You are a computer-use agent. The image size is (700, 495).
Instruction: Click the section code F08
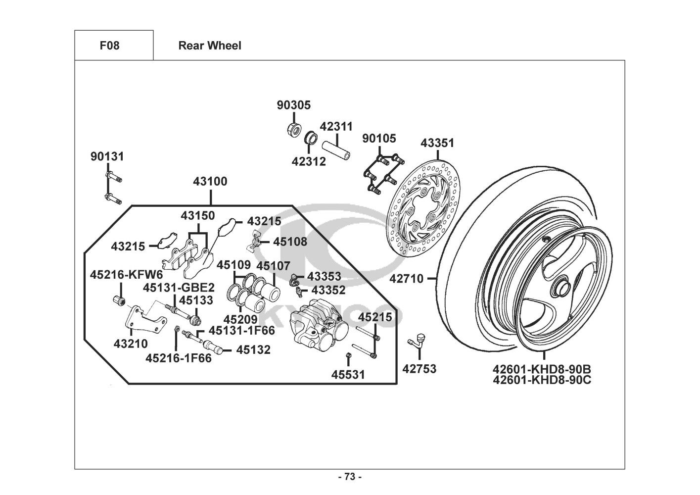(109, 46)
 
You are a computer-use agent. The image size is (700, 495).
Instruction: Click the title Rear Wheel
(210, 46)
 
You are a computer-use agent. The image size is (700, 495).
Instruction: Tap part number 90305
(293, 105)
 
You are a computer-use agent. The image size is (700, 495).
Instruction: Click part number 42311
(336, 126)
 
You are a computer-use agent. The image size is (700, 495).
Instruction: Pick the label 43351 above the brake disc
(437, 143)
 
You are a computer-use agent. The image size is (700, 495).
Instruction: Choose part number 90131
(107, 156)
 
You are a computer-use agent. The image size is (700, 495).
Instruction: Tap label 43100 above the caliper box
(210, 182)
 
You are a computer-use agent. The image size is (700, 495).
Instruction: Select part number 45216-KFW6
(126, 274)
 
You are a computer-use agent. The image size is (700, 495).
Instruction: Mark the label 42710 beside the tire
(406, 279)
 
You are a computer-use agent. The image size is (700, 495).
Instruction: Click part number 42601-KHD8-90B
(542, 369)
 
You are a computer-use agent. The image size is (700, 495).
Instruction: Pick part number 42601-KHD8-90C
(542, 380)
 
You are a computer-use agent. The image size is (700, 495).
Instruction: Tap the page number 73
(350, 477)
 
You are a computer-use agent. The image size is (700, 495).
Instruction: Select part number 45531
(348, 375)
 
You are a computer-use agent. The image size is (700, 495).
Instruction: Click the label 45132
(253, 350)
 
